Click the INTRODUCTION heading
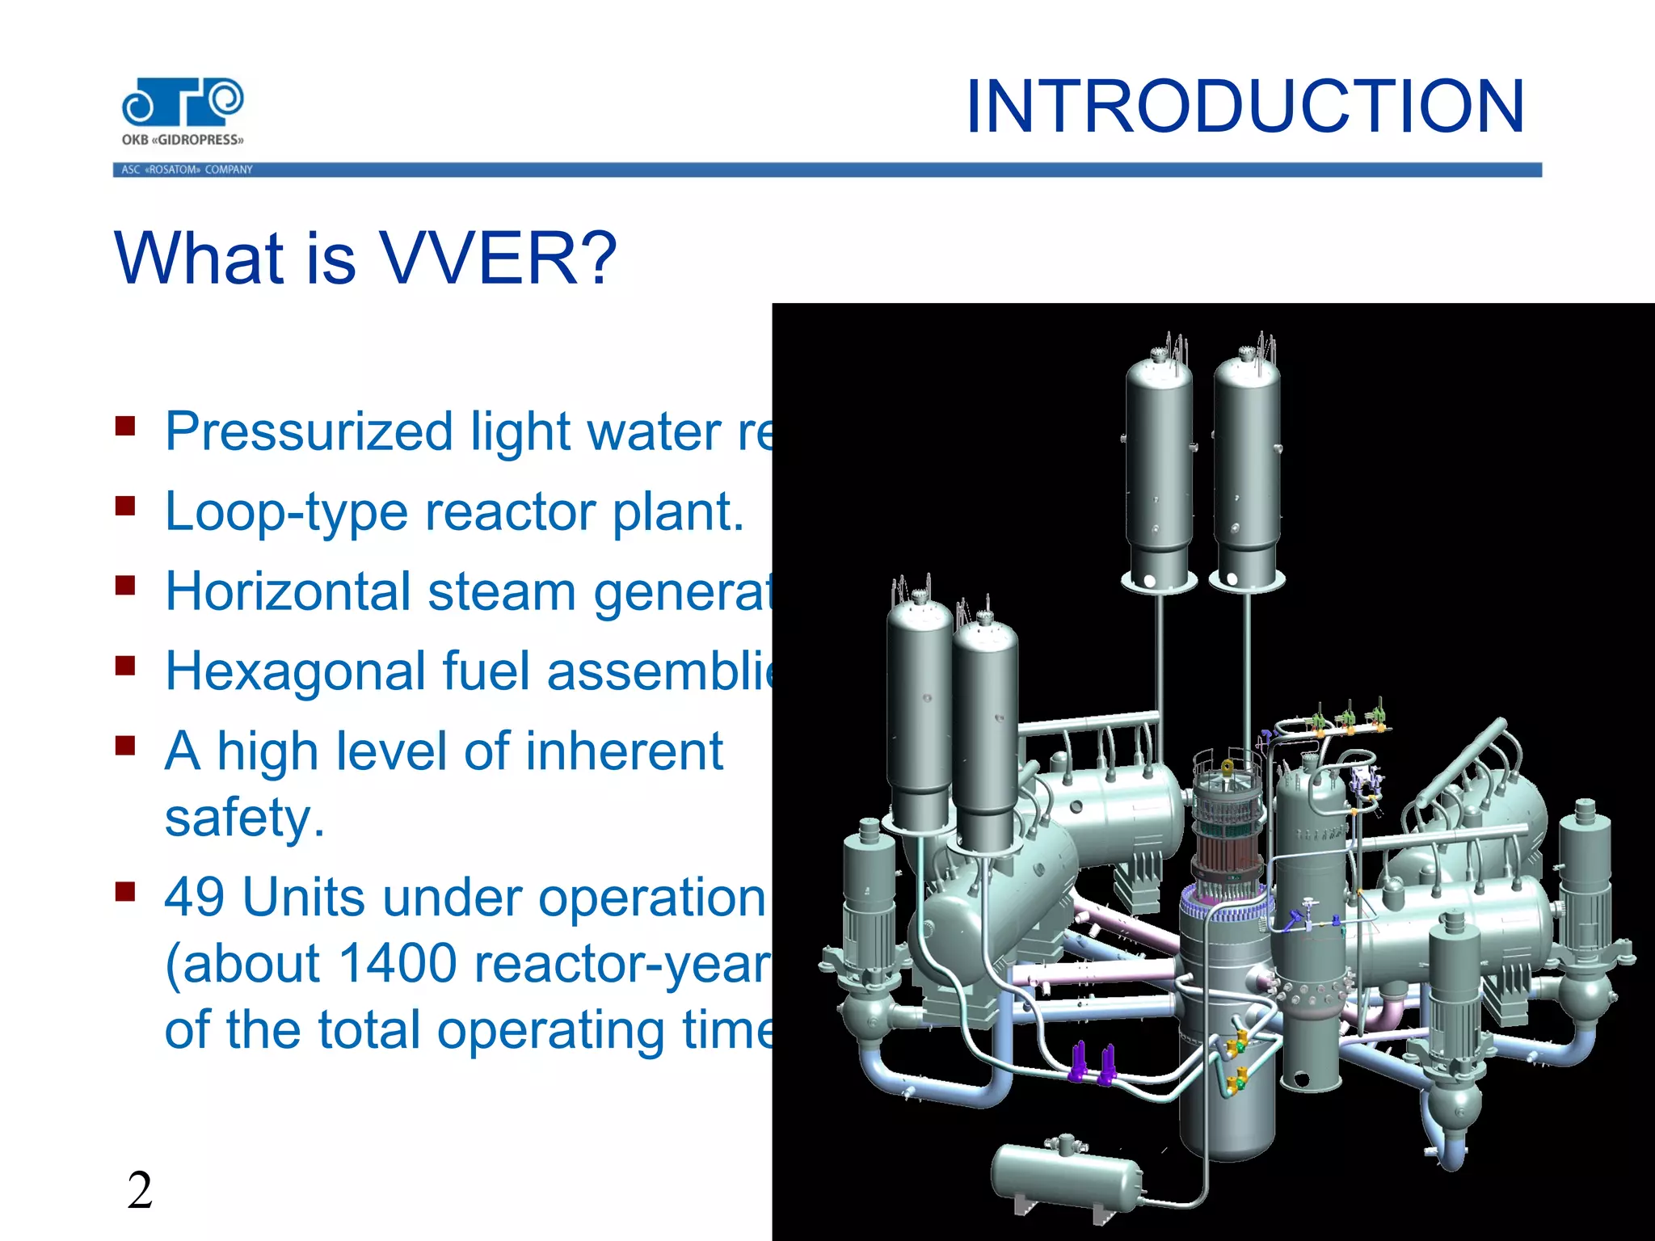coord(1244,107)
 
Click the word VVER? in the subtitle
coord(498,259)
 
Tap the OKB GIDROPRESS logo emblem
coord(183,102)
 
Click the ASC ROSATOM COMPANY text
coord(187,170)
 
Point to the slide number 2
coord(140,1191)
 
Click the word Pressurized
coord(308,431)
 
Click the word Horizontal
coord(287,591)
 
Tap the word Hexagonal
coord(295,671)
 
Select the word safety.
coord(243,818)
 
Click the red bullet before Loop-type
coord(124,507)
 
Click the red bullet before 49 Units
coord(124,892)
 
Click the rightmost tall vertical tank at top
coord(1247,469)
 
